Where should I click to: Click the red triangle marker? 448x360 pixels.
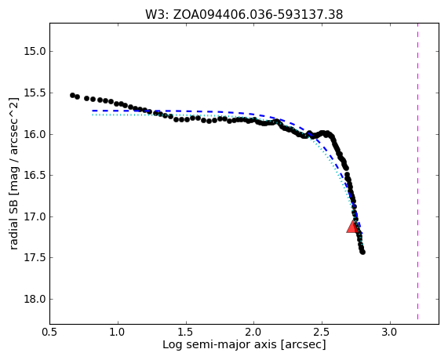pyautogui.click(x=352, y=227)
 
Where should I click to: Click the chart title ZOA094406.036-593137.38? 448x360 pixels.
pyautogui.click(x=258, y=14)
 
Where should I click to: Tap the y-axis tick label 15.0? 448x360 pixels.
pyautogui.click(x=35, y=52)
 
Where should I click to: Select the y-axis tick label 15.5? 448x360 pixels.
pyautogui.click(x=35, y=93)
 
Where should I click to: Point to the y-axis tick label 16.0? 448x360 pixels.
pyautogui.click(x=35, y=135)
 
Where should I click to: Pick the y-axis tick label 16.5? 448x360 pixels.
pyautogui.click(x=35, y=176)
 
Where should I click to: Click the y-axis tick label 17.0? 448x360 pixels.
pyautogui.click(x=35, y=216)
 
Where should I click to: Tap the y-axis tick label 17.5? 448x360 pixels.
pyautogui.click(x=35, y=258)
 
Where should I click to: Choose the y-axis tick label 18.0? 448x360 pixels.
pyautogui.click(x=35, y=299)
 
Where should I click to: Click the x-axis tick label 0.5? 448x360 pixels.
pyautogui.click(x=50, y=333)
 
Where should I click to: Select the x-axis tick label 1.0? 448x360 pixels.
pyautogui.click(x=118, y=333)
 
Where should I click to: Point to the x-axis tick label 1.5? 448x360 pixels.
pyautogui.click(x=186, y=333)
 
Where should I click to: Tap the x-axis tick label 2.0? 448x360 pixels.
pyautogui.click(x=254, y=333)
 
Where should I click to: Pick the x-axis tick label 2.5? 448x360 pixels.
pyautogui.click(x=322, y=333)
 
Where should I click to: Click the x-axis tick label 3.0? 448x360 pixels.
pyautogui.click(x=390, y=333)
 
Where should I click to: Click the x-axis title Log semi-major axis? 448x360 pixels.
pyautogui.click(x=220, y=344)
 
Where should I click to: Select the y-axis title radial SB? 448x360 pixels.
pyautogui.click(x=13, y=223)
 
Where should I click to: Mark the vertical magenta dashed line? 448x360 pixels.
pyautogui.click(x=417, y=172)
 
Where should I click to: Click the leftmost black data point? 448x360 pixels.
pyautogui.click(x=72, y=95)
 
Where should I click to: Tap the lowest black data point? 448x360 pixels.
pyautogui.click(x=362, y=252)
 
